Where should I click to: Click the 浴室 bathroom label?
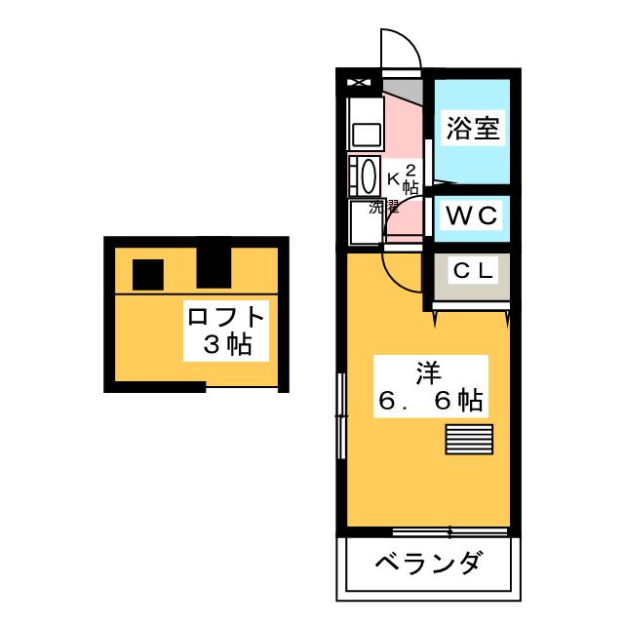tap(474, 129)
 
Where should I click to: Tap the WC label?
tap(473, 215)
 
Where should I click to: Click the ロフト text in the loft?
tap(226, 318)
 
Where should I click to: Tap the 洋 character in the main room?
tap(428, 371)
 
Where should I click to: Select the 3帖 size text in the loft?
tap(226, 344)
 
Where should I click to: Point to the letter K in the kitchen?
tap(394, 178)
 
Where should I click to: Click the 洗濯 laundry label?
tap(385, 207)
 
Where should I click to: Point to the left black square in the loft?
tap(148, 274)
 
